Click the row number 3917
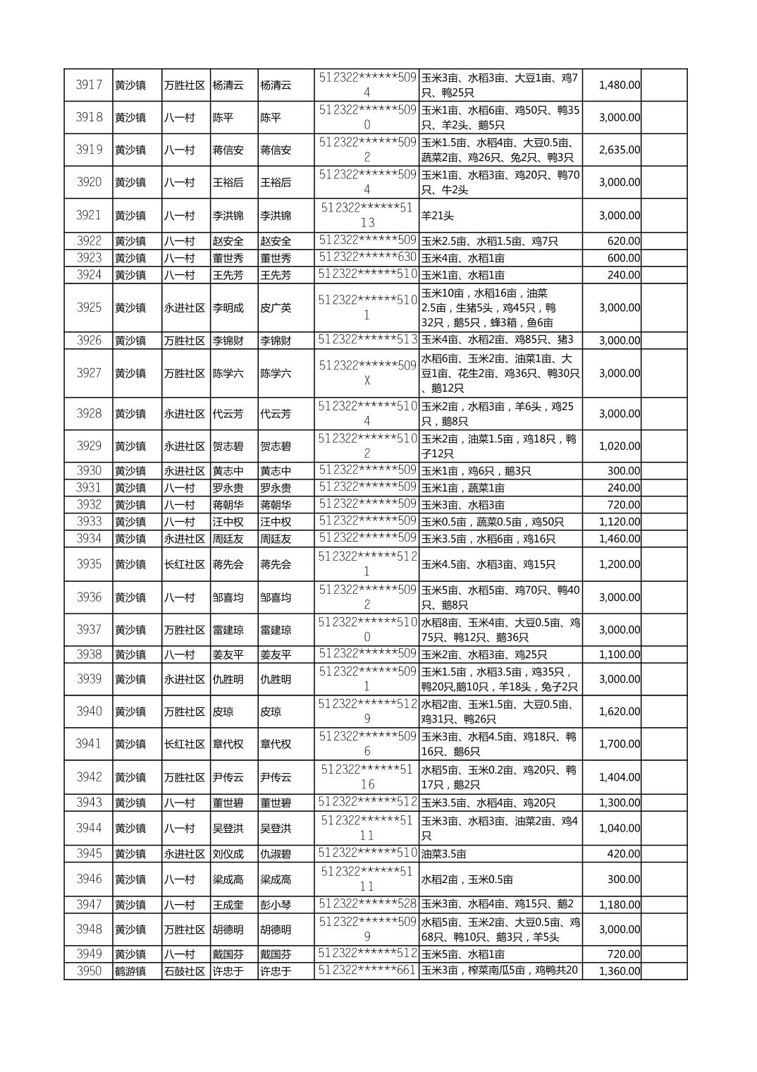[x=89, y=85]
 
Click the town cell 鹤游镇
[x=130, y=971]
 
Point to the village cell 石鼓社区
[x=185, y=971]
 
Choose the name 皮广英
[x=276, y=307]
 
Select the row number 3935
[x=89, y=564]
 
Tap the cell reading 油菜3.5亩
[x=444, y=854]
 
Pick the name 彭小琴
[x=276, y=905]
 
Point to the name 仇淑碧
[x=276, y=854]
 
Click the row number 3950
[x=89, y=971]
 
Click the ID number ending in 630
[x=367, y=257]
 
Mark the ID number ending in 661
[x=367, y=970]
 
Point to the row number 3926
[x=89, y=341]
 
